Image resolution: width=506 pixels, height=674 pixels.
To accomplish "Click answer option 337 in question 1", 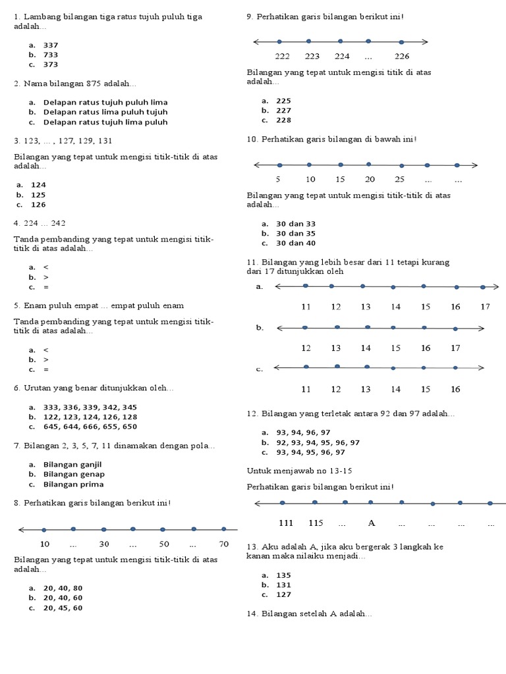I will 50,45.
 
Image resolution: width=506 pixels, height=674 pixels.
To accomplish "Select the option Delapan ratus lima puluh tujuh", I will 105,112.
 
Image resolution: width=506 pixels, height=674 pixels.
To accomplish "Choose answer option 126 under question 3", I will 38,205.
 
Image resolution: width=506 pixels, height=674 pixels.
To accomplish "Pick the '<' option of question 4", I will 45,267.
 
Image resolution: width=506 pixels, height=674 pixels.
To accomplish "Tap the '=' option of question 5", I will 45,370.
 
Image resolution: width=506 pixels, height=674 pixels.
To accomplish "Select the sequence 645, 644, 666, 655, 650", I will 90,427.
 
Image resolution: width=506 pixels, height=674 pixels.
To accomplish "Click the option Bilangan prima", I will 73,484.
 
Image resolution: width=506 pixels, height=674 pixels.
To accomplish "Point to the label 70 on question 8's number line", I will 224,544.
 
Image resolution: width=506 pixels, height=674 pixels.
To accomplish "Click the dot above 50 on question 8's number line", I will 163,529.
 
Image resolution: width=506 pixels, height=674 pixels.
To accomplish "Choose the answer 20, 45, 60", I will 63,608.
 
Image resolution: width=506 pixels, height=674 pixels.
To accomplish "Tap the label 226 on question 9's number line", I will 402,56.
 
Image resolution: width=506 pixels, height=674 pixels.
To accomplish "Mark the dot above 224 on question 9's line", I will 340,41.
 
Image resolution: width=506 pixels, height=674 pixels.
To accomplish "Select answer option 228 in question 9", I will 283,120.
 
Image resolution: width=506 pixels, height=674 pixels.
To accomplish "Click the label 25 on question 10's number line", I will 400,179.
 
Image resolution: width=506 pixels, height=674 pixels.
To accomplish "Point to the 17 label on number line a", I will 486,307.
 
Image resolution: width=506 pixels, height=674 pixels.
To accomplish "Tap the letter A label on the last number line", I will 372,523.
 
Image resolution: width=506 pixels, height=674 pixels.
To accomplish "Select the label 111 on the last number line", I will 286,523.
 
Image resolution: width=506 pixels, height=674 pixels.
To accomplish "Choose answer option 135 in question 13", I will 283,575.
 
